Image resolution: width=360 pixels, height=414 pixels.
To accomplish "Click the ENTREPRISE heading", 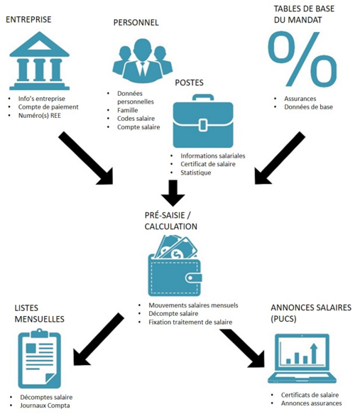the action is (28, 20).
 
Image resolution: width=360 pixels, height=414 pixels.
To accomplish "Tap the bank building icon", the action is (39, 61).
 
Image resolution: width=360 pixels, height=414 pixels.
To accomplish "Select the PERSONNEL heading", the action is (136, 23).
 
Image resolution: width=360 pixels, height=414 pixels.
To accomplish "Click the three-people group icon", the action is (143, 61).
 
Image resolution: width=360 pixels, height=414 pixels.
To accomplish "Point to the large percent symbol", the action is (302, 59).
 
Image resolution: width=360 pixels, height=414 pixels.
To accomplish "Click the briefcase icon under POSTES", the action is (203, 121).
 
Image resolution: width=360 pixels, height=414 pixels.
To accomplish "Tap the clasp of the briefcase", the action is (203, 125).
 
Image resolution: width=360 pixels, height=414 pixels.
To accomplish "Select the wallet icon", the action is (175, 266).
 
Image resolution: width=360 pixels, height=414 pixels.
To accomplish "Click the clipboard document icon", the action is (40, 359).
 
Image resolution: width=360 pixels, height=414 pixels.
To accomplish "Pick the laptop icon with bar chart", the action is (302, 359).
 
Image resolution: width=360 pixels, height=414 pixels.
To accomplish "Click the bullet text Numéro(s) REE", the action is (40, 116).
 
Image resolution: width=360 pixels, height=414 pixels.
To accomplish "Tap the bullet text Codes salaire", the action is (136, 119).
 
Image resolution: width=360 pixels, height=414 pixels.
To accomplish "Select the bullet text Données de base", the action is (308, 107).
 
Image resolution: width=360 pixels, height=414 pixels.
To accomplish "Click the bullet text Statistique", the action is (196, 173).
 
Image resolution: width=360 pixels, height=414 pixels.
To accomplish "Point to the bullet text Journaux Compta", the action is (45, 405).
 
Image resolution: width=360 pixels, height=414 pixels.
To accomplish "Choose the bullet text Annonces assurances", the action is (311, 403).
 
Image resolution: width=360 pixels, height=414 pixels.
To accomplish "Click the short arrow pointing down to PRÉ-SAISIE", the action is (173, 193).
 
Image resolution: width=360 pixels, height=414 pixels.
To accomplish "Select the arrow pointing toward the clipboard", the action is (99, 339).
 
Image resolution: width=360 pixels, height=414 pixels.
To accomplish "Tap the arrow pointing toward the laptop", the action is (242, 348).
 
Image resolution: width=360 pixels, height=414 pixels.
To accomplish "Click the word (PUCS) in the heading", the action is (284, 319).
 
